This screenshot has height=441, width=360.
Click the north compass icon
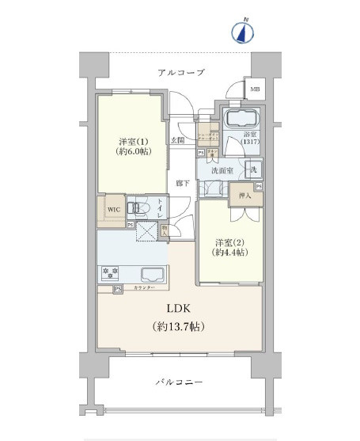[x=243, y=31]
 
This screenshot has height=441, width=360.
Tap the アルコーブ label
[x=180, y=72]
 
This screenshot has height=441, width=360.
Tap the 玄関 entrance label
[x=178, y=140]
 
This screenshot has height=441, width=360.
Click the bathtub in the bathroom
[x=244, y=121]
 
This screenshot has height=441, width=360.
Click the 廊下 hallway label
[x=181, y=182]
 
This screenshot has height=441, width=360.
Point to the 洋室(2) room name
[x=229, y=241]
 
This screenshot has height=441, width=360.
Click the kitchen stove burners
[x=109, y=274]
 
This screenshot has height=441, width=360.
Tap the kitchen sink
[x=153, y=275]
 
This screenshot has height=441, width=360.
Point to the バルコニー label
[x=180, y=382]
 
